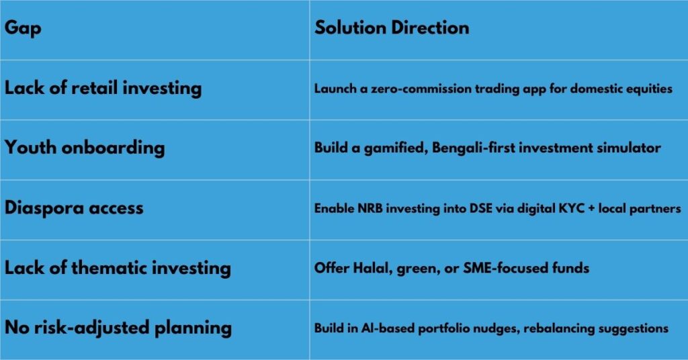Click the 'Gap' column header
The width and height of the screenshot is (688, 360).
click(x=23, y=28)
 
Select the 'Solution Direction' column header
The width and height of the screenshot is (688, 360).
click(x=392, y=28)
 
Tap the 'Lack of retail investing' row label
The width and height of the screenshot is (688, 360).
click(x=103, y=88)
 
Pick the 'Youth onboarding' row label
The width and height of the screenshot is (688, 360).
click(x=85, y=148)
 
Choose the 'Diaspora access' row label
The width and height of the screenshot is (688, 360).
click(x=74, y=208)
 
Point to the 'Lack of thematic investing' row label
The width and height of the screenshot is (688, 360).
click(x=118, y=268)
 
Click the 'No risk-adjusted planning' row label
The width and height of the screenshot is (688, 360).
click(x=118, y=328)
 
